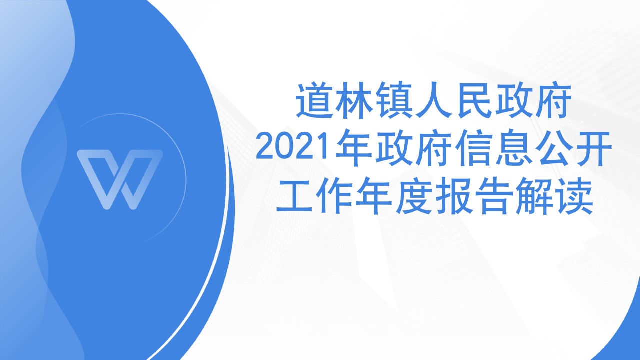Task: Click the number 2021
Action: coord(294,148)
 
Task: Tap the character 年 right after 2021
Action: coord(353,148)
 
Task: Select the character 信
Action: coord(473,148)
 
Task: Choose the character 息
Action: coord(513,148)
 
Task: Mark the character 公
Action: coord(552,148)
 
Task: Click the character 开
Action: coord(592,148)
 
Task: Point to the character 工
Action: coord(295,196)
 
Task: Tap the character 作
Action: coord(334,196)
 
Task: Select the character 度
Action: coord(414,196)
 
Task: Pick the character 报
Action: coord(453,196)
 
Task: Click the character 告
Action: coord(493,196)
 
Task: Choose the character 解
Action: coord(533,196)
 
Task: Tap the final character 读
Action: coord(573,196)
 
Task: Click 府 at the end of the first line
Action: coord(553,100)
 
